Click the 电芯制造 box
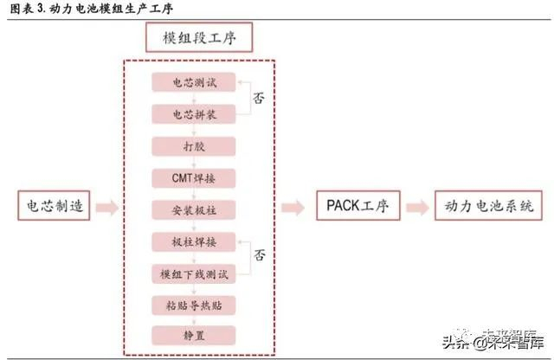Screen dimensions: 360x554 pyautogui.click(x=54, y=207)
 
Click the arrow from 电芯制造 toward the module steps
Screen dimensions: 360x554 pyautogui.click(x=106, y=208)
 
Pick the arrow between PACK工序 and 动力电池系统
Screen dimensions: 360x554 pyautogui.click(x=415, y=208)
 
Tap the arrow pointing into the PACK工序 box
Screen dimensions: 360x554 pyautogui.click(x=293, y=208)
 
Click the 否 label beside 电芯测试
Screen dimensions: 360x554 pyautogui.click(x=258, y=98)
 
